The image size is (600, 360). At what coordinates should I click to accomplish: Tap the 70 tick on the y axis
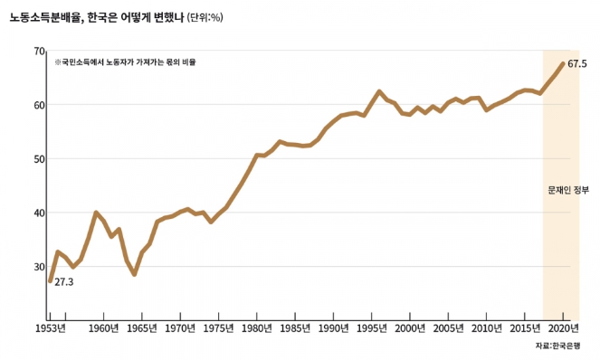[39, 52]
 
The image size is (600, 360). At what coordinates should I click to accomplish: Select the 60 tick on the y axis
[39, 105]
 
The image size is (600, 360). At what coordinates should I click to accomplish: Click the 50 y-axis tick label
[39, 159]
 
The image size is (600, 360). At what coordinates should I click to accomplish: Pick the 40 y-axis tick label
[39, 213]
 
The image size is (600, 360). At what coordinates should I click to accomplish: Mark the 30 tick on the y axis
[39, 267]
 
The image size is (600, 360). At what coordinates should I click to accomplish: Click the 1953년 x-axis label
[50, 327]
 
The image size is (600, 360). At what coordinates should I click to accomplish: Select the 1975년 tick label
[219, 327]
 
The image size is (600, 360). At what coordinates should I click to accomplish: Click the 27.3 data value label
[63, 282]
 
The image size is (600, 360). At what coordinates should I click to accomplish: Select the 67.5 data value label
[577, 64]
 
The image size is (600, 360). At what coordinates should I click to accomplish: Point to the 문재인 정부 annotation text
[568, 192]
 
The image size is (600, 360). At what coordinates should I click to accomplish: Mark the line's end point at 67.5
[563, 63]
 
